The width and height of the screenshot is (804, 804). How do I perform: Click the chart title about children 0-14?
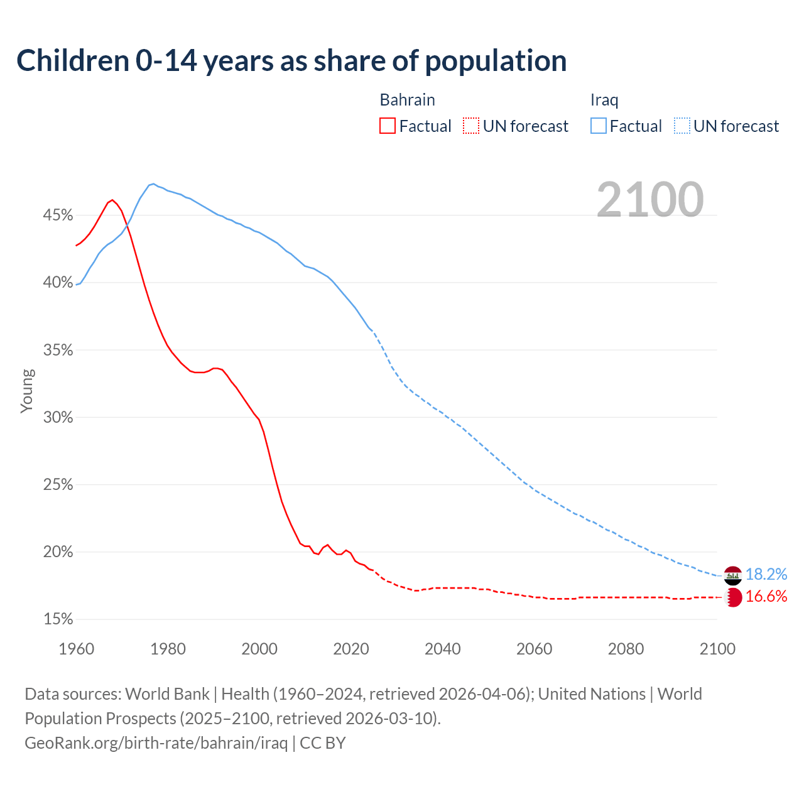tap(291, 61)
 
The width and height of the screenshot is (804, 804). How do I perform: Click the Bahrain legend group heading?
tap(407, 100)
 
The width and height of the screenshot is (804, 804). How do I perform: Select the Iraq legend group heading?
tap(604, 100)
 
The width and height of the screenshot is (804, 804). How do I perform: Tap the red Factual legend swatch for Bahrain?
tap(388, 126)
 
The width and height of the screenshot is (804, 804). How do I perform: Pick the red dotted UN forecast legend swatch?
tap(471, 126)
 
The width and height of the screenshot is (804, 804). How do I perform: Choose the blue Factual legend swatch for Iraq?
tap(599, 126)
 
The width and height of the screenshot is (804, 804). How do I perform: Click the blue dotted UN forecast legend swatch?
tap(682, 126)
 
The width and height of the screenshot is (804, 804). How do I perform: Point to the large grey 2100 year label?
tap(649, 200)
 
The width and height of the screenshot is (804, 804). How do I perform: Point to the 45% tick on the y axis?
tap(58, 215)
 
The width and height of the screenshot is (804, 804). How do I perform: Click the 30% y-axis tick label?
tap(58, 418)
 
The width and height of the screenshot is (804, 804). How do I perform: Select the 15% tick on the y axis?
tap(58, 619)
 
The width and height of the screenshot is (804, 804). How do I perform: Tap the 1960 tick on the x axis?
tap(76, 649)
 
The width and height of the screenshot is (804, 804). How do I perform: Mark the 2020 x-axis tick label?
tap(350, 649)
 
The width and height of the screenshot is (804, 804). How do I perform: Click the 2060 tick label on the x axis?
tap(534, 649)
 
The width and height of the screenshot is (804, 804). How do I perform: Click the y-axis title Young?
tap(27, 391)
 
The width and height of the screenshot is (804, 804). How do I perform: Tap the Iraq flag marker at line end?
tap(733, 575)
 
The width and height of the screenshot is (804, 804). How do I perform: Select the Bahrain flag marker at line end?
tap(733, 597)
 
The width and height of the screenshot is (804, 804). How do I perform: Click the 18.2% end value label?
tap(766, 575)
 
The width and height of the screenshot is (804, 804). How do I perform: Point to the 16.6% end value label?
tap(766, 597)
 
